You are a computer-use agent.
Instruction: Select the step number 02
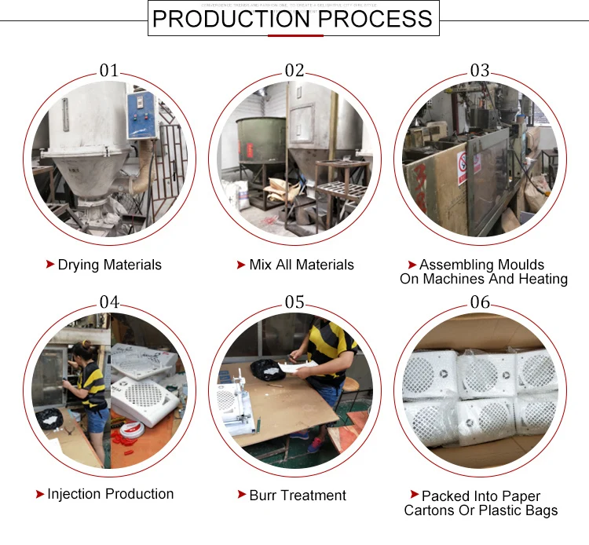click(294, 70)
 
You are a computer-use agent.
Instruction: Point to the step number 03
click(480, 70)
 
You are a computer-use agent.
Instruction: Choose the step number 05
click(294, 302)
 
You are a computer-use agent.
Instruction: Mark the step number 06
click(480, 302)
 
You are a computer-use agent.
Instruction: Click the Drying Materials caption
click(109, 265)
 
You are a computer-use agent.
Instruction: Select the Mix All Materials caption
click(301, 265)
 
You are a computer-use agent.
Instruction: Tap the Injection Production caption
click(110, 494)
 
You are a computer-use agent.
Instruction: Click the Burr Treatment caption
click(297, 496)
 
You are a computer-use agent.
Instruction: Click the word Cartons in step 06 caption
click(431, 510)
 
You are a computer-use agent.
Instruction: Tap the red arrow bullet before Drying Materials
click(50, 265)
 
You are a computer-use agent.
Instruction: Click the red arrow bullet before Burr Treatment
click(242, 496)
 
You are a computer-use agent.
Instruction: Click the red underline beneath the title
click(294, 35)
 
